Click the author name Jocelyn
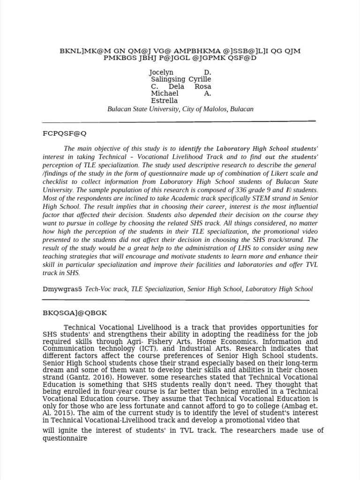click(x=161, y=73)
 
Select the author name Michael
click(x=165, y=94)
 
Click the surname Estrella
click(x=164, y=101)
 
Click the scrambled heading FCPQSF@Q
click(x=64, y=134)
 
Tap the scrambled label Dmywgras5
click(x=61, y=289)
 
